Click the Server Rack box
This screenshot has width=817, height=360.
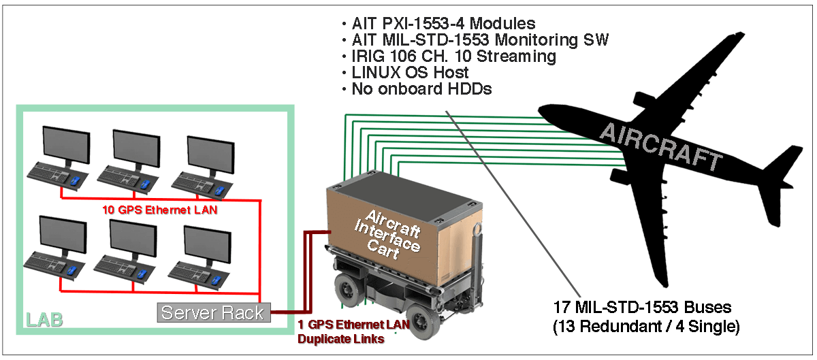214,312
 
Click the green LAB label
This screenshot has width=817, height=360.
44,319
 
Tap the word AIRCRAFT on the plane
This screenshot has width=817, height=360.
660,147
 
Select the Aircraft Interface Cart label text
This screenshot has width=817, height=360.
388,235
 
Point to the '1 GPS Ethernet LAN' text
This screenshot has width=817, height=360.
354,325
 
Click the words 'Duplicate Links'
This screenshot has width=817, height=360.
341,338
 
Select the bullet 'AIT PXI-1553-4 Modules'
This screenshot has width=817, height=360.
443,24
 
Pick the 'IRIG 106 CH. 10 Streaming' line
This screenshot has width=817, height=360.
453,56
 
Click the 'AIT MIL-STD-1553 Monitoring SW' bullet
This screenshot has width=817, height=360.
479,40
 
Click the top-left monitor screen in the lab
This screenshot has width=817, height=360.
65,144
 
